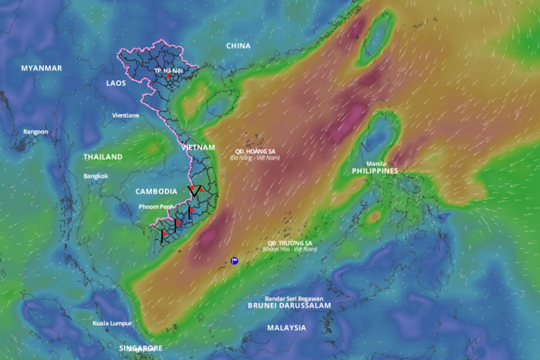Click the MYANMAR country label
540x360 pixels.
(x=42, y=68)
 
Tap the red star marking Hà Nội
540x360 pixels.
(x=169, y=76)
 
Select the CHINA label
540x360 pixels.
(x=238, y=46)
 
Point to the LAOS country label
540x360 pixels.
(x=116, y=83)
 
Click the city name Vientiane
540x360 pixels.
(x=125, y=115)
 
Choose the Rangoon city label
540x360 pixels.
(x=35, y=132)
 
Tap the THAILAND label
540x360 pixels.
(x=103, y=157)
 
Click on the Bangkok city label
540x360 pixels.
(x=96, y=176)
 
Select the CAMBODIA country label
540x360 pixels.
(x=156, y=192)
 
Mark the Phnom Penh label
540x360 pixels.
(x=156, y=207)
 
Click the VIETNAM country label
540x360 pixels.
(x=198, y=147)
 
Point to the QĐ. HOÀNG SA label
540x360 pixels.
(x=255, y=151)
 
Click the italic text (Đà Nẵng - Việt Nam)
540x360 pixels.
(x=255, y=157)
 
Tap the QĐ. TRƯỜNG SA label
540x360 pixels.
(x=290, y=243)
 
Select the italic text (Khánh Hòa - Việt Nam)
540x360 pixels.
(x=289, y=249)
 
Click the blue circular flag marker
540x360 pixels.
(x=235, y=261)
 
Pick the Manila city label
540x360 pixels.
(x=375, y=164)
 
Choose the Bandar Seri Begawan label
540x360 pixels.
(x=294, y=299)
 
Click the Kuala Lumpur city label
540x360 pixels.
(x=112, y=323)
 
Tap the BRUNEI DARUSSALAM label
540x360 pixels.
(x=289, y=305)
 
